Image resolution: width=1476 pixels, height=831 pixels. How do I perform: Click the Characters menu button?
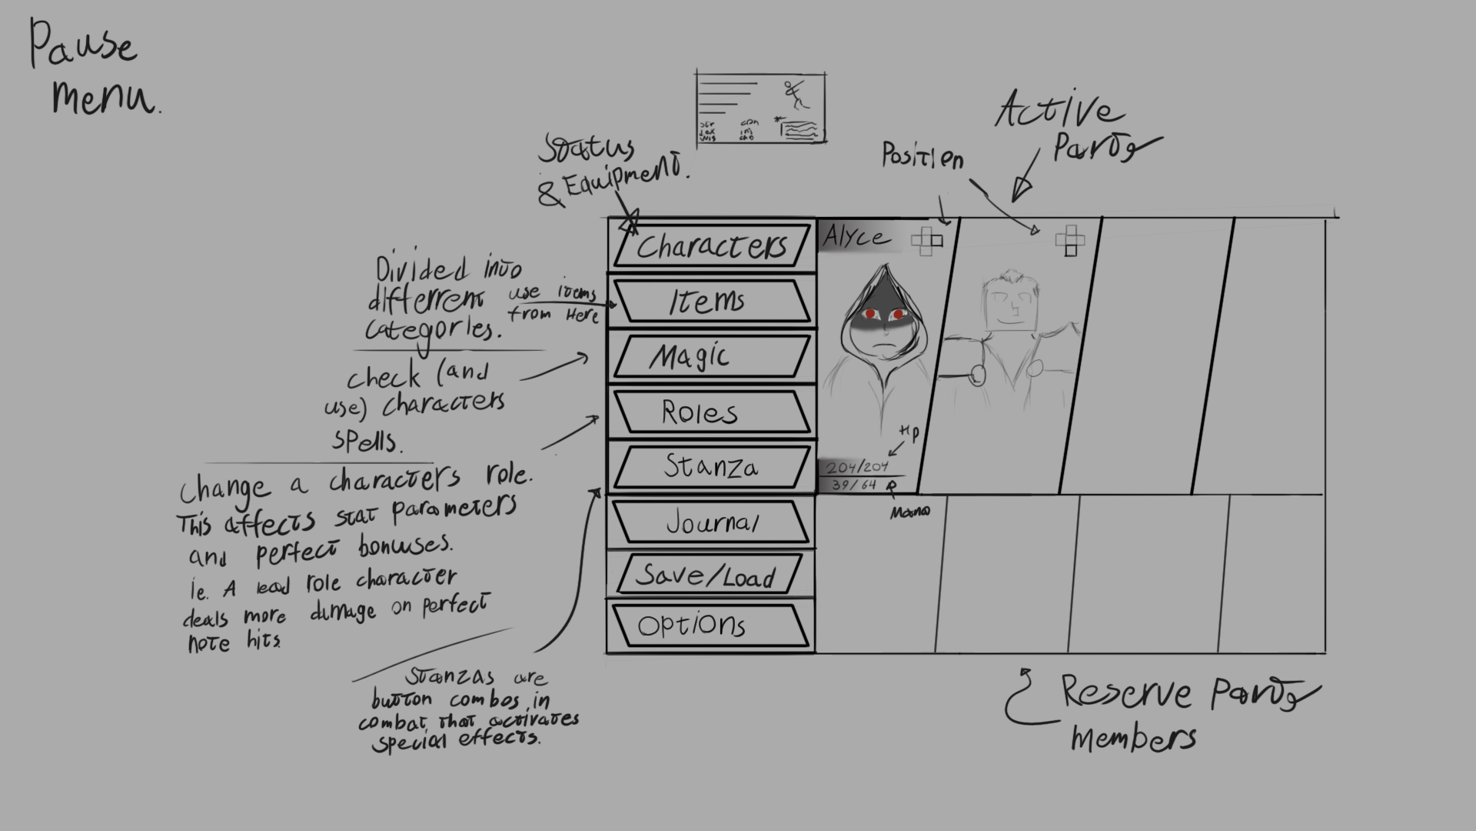pos(712,245)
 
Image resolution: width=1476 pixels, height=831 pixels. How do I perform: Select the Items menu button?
pos(712,301)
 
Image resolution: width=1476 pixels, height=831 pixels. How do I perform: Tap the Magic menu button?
pos(712,356)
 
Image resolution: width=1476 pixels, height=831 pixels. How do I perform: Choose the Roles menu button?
pos(712,412)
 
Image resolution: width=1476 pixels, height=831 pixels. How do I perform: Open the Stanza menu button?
pos(712,466)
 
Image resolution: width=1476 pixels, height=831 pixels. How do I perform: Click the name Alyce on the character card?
pos(856,236)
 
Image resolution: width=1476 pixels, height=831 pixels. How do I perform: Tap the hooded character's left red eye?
pos(871,314)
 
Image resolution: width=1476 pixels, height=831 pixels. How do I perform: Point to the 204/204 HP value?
pos(857,466)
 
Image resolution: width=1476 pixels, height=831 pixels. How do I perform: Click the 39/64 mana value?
pos(854,485)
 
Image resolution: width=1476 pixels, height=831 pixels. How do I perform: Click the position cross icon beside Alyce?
pos(926,241)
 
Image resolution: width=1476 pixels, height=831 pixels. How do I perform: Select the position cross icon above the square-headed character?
pos(1070,240)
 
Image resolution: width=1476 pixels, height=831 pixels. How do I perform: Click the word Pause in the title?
pos(83,45)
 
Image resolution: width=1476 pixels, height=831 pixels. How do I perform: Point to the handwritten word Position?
pos(922,156)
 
